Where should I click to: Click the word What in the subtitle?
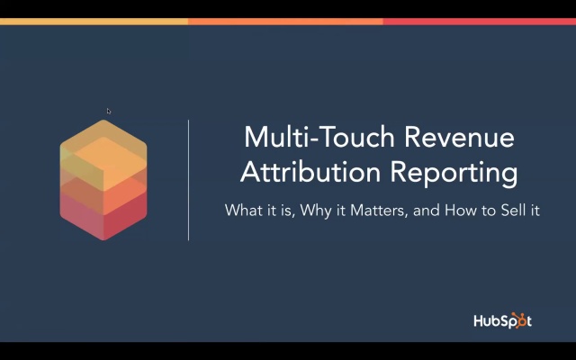click(x=240, y=212)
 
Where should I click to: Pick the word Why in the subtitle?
click(x=318, y=212)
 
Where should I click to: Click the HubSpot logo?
click(x=502, y=320)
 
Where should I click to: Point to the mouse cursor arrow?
click(x=109, y=112)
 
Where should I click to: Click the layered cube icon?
click(x=103, y=179)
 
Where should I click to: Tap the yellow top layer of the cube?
click(x=103, y=144)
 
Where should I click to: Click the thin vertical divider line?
click(x=188, y=179)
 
